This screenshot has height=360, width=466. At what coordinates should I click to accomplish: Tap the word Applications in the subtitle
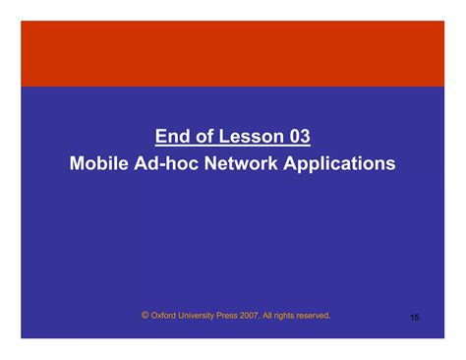pos(340,163)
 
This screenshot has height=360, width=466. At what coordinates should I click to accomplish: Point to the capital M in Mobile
pos(78,162)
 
